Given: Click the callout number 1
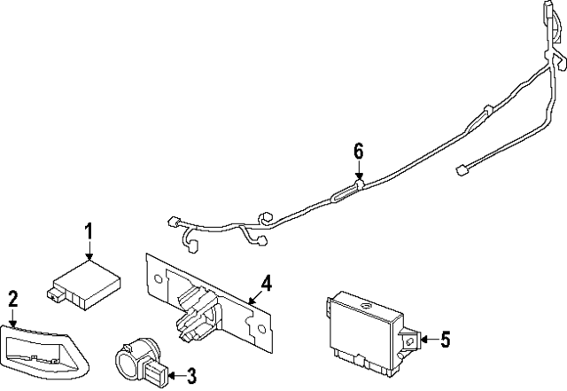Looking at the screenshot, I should (89, 231).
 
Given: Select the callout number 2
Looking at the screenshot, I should (12, 299).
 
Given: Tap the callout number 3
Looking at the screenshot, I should (190, 376).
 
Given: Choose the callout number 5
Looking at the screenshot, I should (446, 338).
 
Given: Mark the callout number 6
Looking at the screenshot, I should (359, 152).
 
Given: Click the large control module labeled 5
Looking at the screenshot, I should (363, 328).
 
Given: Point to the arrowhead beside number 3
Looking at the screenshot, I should (167, 376).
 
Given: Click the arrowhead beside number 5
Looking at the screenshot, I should (423, 338).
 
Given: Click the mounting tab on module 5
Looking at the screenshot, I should (410, 338).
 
